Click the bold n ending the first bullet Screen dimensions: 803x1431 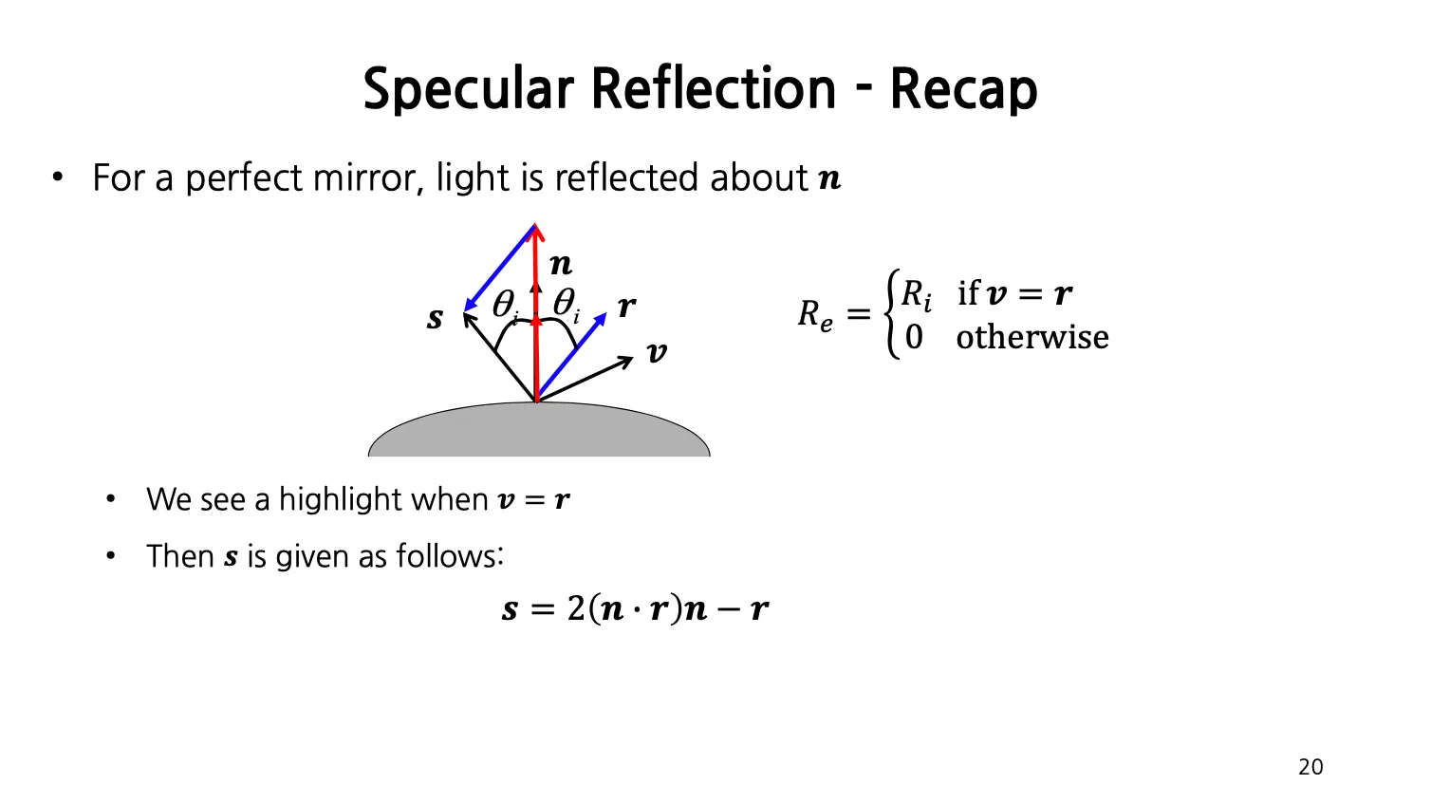point(829,178)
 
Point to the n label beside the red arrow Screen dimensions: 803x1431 point(561,264)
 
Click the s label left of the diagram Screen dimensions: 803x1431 point(435,318)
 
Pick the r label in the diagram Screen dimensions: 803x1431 point(626,307)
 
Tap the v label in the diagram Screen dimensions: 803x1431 point(657,354)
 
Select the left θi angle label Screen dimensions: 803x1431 point(504,305)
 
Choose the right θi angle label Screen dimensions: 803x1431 point(566,305)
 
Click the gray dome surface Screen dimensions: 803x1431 point(538,432)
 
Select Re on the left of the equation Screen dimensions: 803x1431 point(815,314)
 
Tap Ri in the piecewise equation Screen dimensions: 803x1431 point(916,294)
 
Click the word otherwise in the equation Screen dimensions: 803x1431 point(1032,337)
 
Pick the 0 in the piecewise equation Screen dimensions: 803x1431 point(913,337)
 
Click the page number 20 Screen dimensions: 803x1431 point(1310,767)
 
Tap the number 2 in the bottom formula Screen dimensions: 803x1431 point(576,608)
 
